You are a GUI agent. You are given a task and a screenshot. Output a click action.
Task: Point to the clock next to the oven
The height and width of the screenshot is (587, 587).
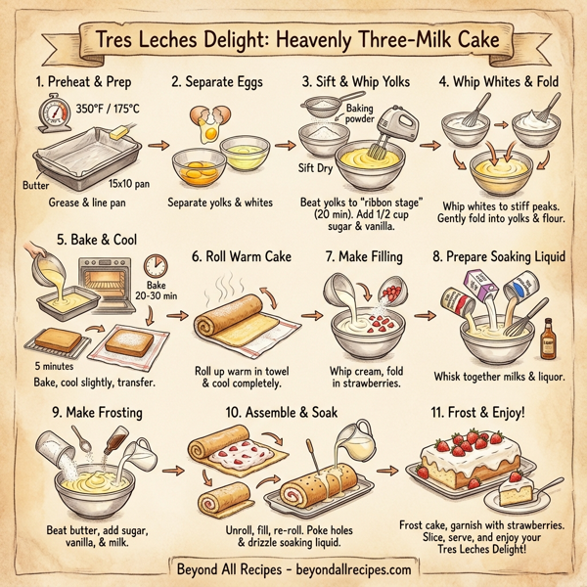pos(155,266)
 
